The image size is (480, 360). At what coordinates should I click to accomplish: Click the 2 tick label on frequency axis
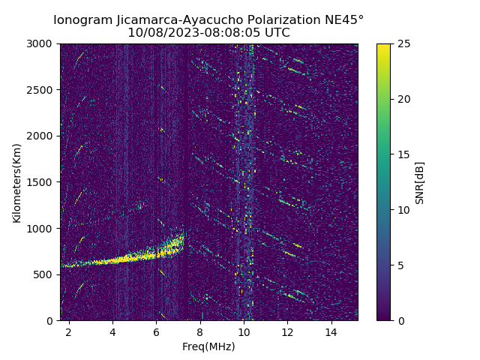(x=69, y=331)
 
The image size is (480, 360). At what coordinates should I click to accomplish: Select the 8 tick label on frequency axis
(x=200, y=331)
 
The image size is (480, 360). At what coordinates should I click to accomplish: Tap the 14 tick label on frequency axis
(x=331, y=331)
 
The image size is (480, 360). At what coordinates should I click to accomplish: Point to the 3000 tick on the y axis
(x=43, y=44)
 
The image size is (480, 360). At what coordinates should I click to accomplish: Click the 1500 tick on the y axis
(x=43, y=182)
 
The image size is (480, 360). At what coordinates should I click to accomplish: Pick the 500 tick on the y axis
(x=46, y=274)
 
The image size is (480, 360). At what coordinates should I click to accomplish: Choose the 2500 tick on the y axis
(x=43, y=90)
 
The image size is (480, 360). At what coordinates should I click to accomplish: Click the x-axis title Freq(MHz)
(x=208, y=346)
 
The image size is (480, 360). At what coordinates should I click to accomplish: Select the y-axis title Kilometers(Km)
(x=17, y=182)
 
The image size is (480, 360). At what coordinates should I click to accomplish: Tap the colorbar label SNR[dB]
(x=420, y=182)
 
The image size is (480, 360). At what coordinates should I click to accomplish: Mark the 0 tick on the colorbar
(x=399, y=320)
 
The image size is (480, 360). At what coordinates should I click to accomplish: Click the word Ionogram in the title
(x=84, y=20)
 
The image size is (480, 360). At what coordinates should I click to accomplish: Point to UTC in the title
(x=275, y=33)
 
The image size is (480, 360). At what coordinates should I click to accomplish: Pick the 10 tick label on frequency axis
(x=244, y=331)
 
